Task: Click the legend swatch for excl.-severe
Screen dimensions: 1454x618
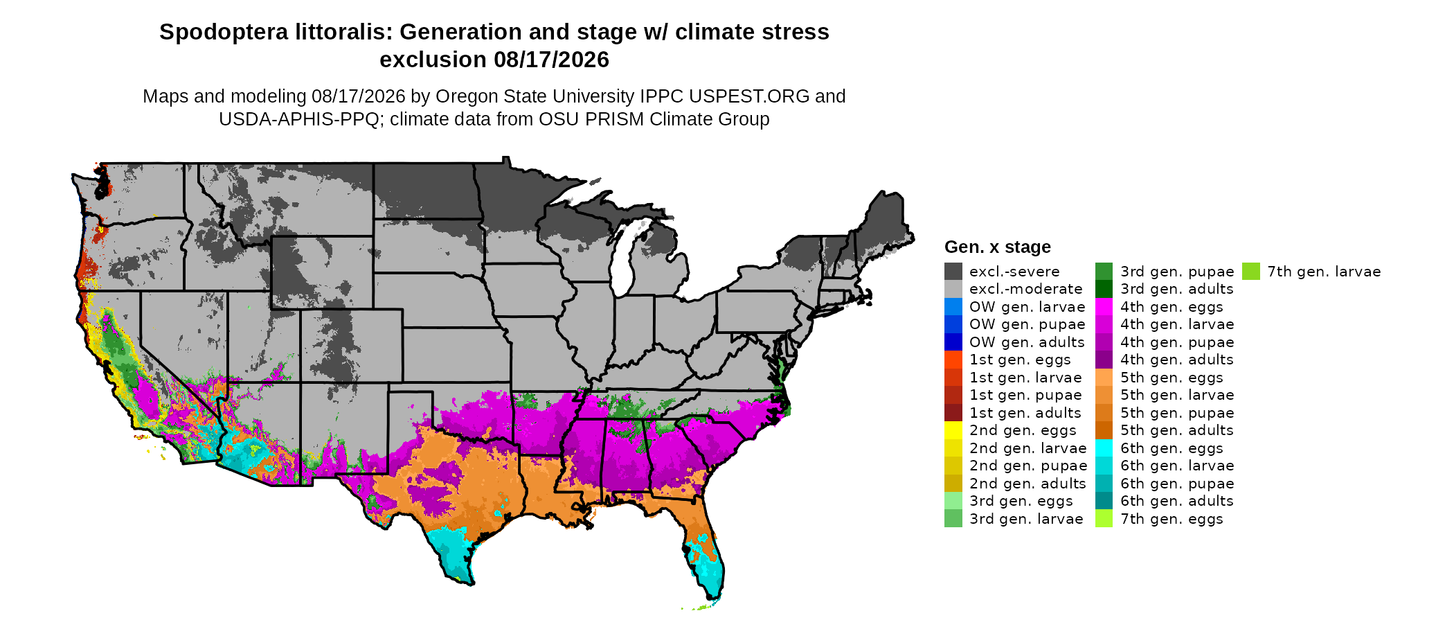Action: [953, 272]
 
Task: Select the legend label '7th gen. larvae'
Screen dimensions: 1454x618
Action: [1324, 272]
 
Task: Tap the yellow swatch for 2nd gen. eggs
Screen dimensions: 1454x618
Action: [953, 430]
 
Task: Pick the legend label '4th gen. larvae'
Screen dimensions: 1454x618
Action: [1177, 324]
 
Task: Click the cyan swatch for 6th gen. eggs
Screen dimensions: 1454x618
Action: [1104, 448]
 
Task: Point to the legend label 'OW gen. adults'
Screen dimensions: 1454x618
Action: [1027, 342]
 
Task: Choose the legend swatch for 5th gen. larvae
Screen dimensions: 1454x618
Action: [1104, 395]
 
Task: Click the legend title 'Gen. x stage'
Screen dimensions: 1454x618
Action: [998, 247]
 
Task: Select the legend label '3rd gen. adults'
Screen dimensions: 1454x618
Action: [1177, 289]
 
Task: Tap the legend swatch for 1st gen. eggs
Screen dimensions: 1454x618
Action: [953, 360]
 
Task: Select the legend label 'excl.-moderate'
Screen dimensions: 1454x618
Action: [1025, 289]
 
